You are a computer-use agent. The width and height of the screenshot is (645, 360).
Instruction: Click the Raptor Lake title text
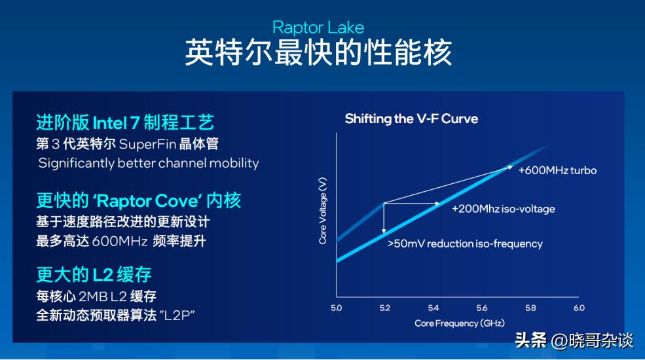[x=318, y=27]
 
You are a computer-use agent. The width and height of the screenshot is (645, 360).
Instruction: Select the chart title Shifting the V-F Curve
[x=411, y=118]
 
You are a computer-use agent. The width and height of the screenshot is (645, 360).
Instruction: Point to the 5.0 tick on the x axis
[x=337, y=308]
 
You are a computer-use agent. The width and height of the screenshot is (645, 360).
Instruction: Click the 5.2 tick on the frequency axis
[x=384, y=308]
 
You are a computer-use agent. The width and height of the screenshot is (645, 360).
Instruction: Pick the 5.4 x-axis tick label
[x=433, y=308]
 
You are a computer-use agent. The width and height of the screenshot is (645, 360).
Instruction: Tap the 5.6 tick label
[x=482, y=308]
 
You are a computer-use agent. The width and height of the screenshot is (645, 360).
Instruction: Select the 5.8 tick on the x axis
[x=530, y=308]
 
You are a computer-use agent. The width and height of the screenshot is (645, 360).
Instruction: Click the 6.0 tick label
[x=579, y=308]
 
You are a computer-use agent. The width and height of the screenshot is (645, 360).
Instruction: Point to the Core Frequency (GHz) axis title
[x=459, y=323]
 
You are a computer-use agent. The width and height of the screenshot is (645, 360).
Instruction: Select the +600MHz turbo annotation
[x=557, y=170]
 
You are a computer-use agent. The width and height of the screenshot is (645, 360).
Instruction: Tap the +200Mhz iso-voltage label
[x=503, y=209]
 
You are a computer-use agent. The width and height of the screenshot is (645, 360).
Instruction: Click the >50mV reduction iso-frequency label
[x=465, y=243]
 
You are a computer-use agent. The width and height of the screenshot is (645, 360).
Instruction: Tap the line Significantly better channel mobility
[x=148, y=163]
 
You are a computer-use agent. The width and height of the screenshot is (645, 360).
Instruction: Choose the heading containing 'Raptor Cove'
[x=139, y=200]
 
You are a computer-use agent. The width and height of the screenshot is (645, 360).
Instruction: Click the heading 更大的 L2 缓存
[x=94, y=273]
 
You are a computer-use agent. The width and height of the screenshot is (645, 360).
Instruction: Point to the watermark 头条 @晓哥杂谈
[x=574, y=341]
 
